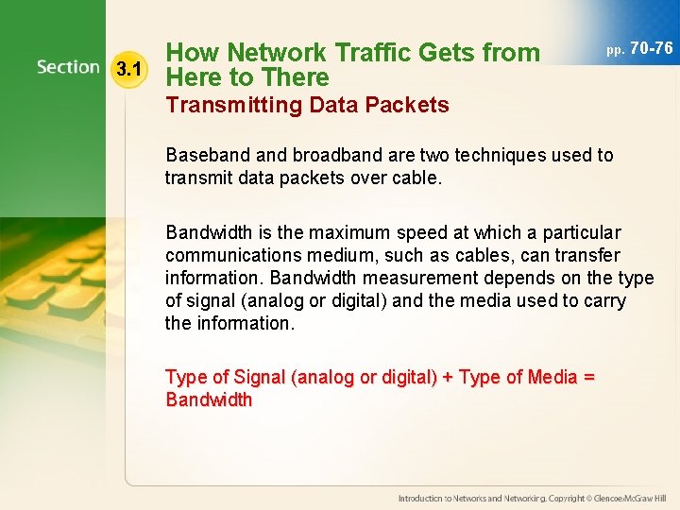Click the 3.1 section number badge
tap(127, 69)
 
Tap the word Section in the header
tap(68, 67)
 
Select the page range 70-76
tap(651, 47)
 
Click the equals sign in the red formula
tap(589, 377)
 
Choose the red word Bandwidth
tap(209, 399)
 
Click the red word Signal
tap(261, 377)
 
